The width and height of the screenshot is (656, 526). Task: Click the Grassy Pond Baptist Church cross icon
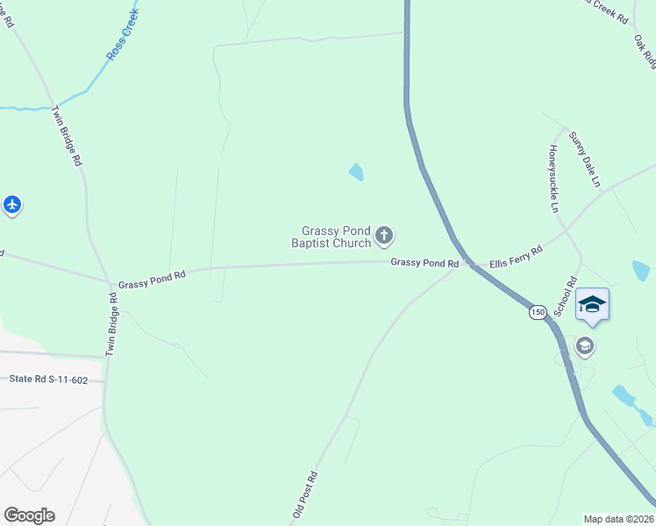(383, 235)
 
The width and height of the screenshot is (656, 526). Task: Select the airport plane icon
(11, 205)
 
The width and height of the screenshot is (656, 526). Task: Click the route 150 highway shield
(537, 312)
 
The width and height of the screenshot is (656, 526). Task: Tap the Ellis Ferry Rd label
(516, 256)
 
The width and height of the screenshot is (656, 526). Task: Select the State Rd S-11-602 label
(48, 380)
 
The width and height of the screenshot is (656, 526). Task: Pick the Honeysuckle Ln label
(554, 179)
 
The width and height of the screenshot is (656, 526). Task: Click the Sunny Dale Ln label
(584, 159)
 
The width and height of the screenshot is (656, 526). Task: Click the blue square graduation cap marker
(592, 304)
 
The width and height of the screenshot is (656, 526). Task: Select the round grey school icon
(585, 347)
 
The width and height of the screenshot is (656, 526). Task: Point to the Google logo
(29, 515)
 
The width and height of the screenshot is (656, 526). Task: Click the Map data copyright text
(619, 517)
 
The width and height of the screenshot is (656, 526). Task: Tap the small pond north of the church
(356, 172)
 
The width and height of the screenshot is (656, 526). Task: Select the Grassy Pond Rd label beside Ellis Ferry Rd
(424, 263)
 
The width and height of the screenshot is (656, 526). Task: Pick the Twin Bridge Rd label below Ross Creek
(67, 137)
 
